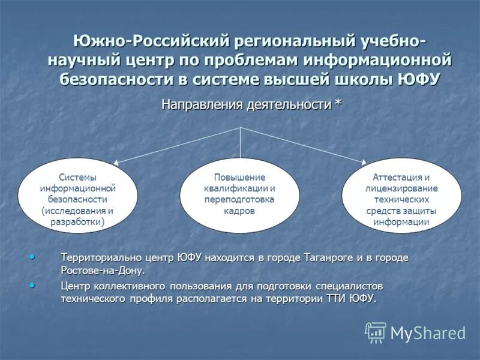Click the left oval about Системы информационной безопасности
pyautogui.click(x=77, y=195)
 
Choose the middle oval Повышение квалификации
pyautogui.click(x=240, y=195)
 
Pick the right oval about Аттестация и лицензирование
pyautogui.click(x=401, y=195)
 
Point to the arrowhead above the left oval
pyautogui.click(x=118, y=162)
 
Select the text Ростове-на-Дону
pyautogui.click(x=102, y=271)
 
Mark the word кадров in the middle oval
pyautogui.click(x=240, y=211)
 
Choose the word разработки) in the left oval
pyautogui.click(x=77, y=222)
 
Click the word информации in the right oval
pyautogui.click(x=401, y=222)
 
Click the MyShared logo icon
pyautogui.click(x=376, y=332)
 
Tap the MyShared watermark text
pyautogui.click(x=428, y=332)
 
